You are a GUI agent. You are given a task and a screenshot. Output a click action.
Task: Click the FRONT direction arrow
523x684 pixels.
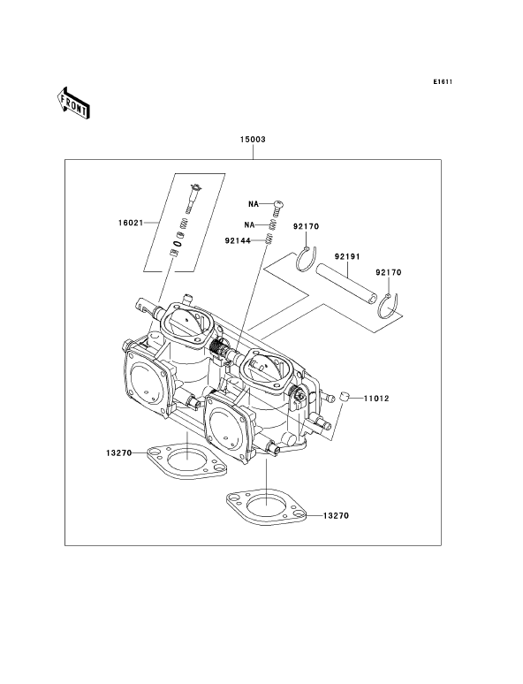(72, 103)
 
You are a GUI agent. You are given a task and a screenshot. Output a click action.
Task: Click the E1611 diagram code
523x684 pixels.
(443, 81)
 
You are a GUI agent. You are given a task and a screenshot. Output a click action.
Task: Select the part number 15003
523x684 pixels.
(253, 139)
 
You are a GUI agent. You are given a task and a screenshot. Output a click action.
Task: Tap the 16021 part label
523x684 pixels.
(131, 223)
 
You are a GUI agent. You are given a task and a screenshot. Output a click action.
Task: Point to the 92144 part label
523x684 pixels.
(238, 240)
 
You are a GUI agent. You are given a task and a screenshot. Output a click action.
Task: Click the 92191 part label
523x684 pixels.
(347, 256)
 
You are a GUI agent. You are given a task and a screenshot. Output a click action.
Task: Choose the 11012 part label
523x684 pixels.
(376, 399)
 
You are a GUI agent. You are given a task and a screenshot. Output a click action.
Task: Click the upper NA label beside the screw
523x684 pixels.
(254, 204)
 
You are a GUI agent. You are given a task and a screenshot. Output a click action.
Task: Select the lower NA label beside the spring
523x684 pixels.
(249, 224)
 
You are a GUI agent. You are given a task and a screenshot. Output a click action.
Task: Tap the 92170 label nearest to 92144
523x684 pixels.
(306, 226)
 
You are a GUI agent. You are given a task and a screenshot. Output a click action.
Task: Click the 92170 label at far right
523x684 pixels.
(388, 272)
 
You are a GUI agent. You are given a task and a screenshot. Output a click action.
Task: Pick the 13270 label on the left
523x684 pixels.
(118, 452)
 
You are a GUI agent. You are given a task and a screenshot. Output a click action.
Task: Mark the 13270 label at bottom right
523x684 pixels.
(336, 515)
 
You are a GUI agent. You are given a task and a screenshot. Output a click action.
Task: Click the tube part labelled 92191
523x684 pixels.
(346, 284)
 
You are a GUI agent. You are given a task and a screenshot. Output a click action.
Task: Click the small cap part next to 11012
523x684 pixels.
(344, 397)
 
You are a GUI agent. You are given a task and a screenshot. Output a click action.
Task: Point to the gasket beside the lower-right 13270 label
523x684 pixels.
(266, 506)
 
